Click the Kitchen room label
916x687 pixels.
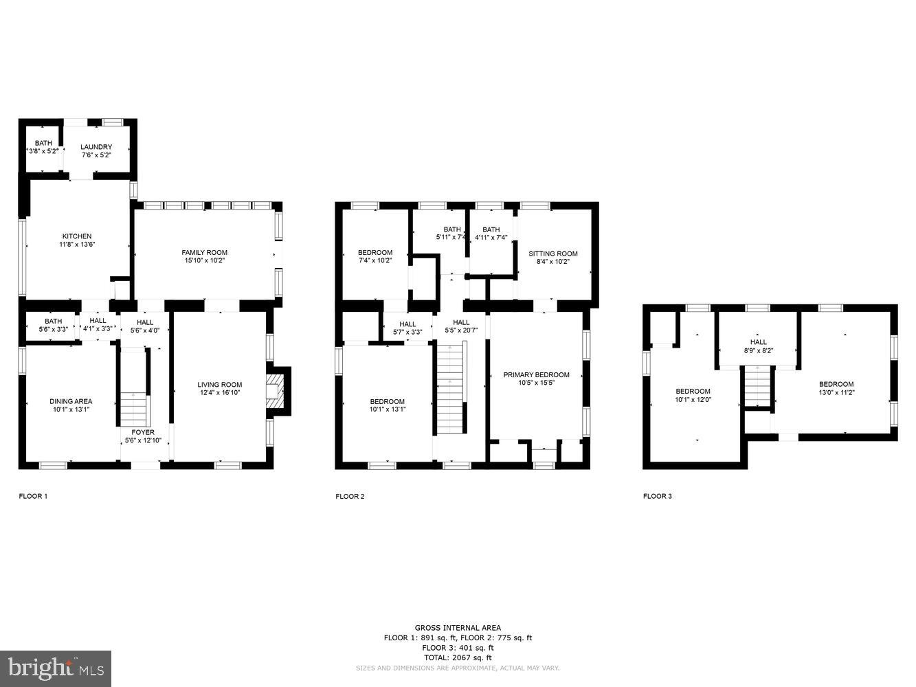coord(77,236)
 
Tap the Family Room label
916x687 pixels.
coord(205,252)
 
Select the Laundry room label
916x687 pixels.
coord(96,147)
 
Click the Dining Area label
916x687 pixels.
coord(71,401)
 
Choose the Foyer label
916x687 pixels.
coord(143,432)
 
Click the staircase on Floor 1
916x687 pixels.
coord(134,409)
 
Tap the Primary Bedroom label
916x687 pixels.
coord(536,374)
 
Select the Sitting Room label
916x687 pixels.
coord(553,254)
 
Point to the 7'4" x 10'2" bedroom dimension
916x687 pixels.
coord(375,261)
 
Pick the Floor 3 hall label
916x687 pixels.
coord(759,342)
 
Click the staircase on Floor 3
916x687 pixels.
coord(758,387)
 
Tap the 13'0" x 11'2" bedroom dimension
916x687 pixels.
coord(836,393)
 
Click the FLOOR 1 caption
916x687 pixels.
coord(33,496)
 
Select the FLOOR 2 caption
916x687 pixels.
coord(350,496)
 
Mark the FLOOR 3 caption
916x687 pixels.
coord(658,496)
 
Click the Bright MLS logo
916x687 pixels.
coord(56,666)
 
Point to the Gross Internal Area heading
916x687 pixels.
coord(458,627)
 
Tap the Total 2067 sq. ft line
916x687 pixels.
coord(458,657)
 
